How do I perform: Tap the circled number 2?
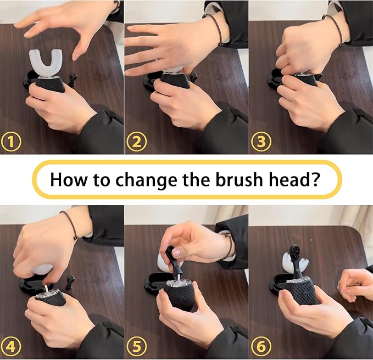[x=137, y=142]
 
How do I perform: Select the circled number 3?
[x=261, y=142]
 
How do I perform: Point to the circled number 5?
[x=137, y=347]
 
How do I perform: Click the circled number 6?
[x=261, y=347]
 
